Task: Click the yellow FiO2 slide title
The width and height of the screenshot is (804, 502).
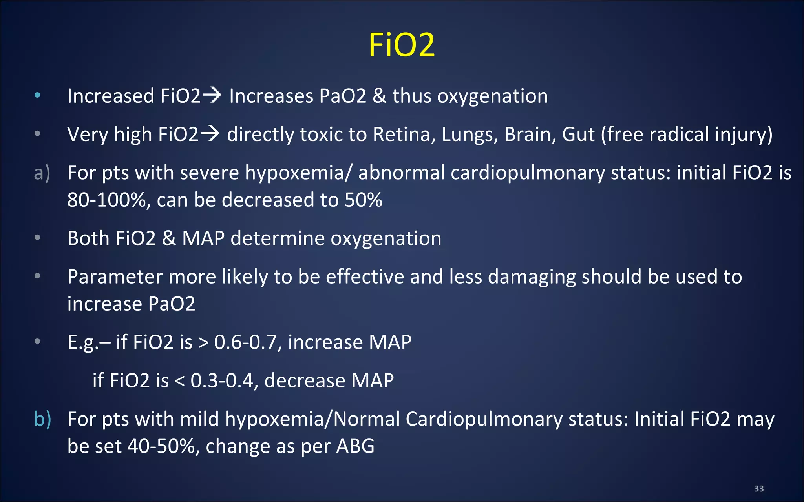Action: [402, 45]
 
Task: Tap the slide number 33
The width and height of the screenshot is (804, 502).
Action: [759, 489]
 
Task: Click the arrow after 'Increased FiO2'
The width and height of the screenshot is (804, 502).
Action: [212, 95]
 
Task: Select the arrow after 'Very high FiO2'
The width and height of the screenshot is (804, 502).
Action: [210, 134]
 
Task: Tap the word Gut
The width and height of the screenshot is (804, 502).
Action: [578, 135]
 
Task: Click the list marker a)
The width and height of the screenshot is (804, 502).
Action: [42, 173]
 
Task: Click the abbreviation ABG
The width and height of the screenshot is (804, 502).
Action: [355, 446]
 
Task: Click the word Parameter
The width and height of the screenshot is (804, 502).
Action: [115, 277]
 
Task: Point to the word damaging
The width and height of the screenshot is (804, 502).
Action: [532, 277]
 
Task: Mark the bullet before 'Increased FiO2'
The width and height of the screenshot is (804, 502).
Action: [37, 95]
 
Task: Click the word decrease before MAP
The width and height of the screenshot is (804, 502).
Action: [305, 380]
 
